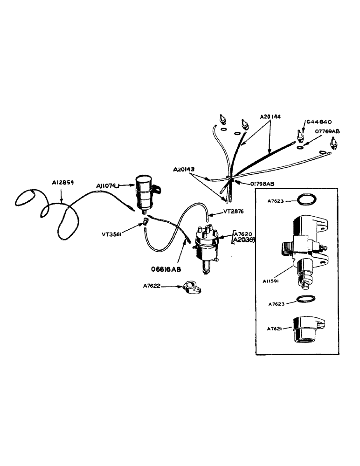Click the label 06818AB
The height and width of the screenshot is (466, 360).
(x=166, y=270)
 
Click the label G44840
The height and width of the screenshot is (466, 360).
(x=319, y=122)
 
